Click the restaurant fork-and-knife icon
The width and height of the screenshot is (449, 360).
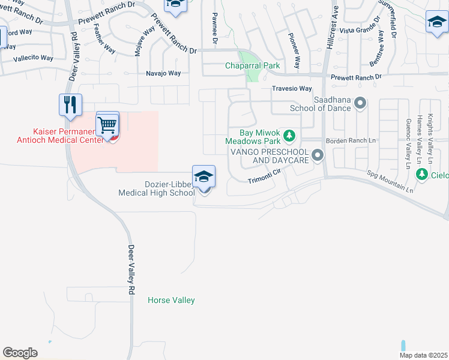point(70,104)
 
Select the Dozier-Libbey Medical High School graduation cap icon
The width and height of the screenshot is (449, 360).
point(204,176)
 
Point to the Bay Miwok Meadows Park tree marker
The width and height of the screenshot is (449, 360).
point(289,136)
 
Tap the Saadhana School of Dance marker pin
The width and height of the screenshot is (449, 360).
point(360,104)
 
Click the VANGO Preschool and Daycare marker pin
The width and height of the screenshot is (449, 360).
point(318,157)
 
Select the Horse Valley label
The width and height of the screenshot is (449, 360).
point(171,300)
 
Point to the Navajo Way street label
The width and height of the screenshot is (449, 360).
point(163,73)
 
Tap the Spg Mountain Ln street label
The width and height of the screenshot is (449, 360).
point(390,181)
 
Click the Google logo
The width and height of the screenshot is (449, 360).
point(20,353)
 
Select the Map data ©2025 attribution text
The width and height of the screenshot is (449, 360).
point(423,355)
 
